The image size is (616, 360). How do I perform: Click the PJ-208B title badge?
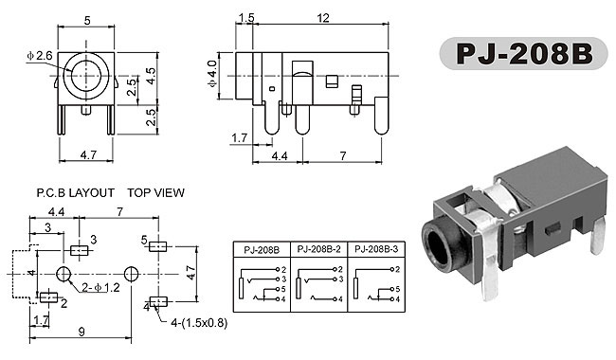523,54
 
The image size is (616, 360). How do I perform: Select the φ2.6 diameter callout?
40,56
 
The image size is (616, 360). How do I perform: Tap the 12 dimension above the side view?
323,18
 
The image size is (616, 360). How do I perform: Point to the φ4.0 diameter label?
211,74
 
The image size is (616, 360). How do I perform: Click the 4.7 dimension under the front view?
88,155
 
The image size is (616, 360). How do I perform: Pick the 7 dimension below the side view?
343,156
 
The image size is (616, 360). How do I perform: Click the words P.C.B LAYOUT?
76,192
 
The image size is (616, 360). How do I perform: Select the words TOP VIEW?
155,192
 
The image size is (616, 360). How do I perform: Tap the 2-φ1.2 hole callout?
100,288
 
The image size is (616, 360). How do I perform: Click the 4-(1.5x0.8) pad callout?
199,323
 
